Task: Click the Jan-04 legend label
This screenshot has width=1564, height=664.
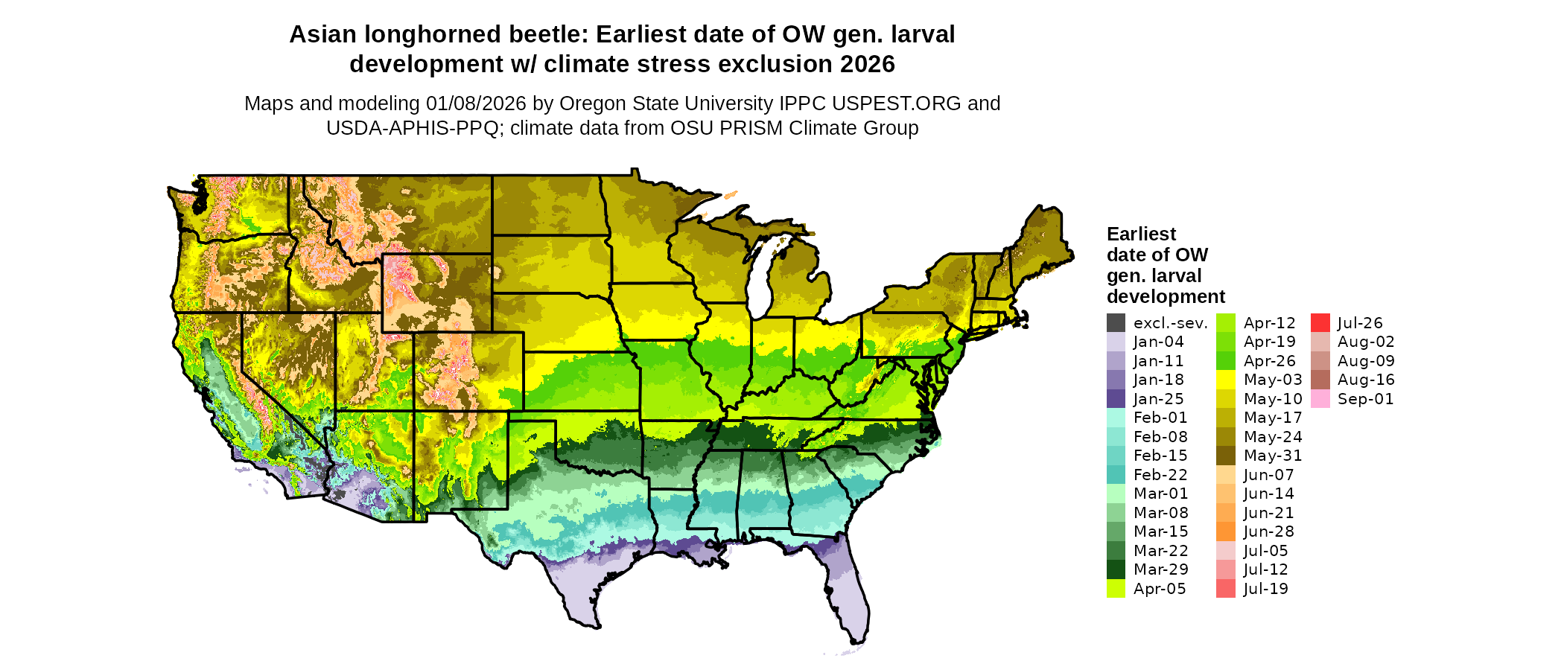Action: coord(1158,342)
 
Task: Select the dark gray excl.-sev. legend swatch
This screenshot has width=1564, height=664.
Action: coord(1116,323)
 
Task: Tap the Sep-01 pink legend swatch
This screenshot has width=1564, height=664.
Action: coord(1320,399)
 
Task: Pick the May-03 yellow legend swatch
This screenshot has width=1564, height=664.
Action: coord(1225,380)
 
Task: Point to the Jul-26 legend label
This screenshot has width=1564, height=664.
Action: coord(1360,323)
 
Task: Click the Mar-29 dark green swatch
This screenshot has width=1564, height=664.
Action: coord(1116,569)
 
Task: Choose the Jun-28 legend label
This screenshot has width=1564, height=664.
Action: coord(1268,531)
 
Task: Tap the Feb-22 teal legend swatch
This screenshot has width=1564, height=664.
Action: coord(1116,475)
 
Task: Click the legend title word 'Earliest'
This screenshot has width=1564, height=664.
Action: coord(1141,234)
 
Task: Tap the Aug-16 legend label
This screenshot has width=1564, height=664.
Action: coord(1365,380)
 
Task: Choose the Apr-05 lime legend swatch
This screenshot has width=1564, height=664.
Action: coord(1116,589)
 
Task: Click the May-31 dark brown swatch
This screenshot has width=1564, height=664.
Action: coord(1225,456)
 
